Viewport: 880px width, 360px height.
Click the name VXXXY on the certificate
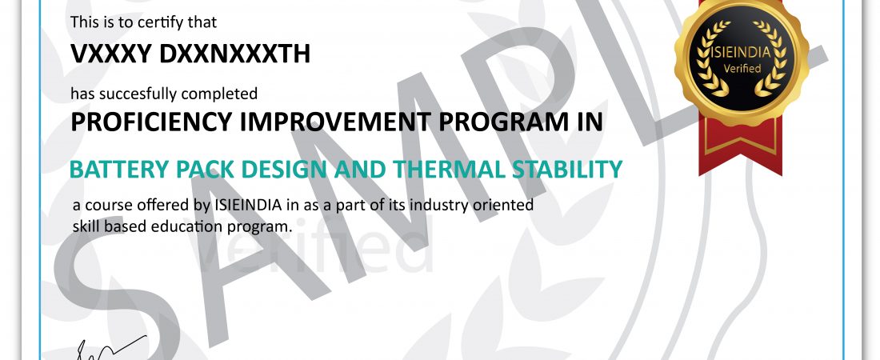coord(110,54)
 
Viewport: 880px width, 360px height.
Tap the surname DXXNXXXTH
coord(234,54)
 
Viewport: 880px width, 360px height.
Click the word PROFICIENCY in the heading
coord(151,122)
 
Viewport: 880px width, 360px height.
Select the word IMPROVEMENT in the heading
coord(335,122)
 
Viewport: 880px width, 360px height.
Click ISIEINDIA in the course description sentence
coord(248,205)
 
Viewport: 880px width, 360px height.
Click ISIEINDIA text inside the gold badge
coord(742,54)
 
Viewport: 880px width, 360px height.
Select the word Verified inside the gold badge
coord(742,69)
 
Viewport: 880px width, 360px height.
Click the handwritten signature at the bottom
coord(110,348)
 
